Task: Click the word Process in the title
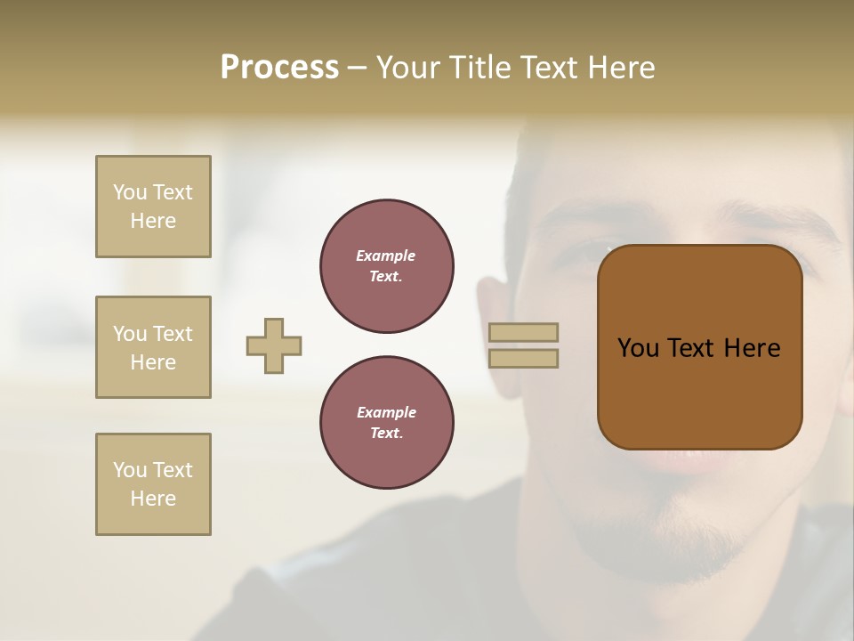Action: tap(279, 68)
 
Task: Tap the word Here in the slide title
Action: tap(617, 68)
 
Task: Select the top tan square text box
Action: tap(153, 207)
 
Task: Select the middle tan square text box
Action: tap(153, 347)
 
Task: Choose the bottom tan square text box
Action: tap(153, 484)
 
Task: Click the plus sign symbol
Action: tap(274, 345)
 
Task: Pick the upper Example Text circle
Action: tap(387, 266)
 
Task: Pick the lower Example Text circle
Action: tap(387, 423)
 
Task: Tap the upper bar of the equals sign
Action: tap(523, 332)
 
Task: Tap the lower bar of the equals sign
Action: tap(523, 358)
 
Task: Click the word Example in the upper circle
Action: tap(386, 256)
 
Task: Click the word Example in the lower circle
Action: tap(386, 412)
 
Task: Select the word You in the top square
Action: tap(129, 192)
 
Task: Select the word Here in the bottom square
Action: tap(153, 499)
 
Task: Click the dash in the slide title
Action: tap(358, 68)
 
